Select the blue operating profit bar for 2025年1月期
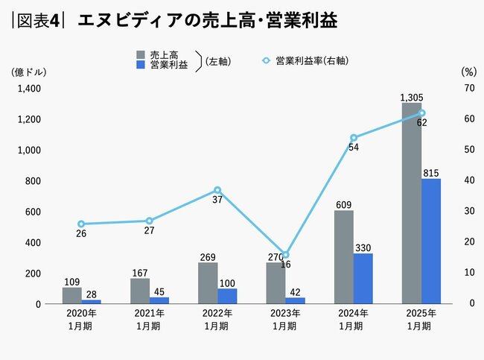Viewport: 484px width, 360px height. [431, 241]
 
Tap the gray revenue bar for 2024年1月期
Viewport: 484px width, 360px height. [343, 256]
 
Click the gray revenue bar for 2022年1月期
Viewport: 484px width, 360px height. [208, 282]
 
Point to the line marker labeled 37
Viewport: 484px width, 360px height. [217, 190]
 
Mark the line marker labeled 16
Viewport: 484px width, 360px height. [285, 255]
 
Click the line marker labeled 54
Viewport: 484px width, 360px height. [354, 138]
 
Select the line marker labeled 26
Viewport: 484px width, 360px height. [81, 224]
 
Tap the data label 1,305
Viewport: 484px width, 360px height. [412, 98]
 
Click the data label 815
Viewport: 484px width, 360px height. [431, 173]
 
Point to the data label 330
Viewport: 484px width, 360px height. [363, 247]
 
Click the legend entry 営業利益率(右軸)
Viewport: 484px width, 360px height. [305, 60]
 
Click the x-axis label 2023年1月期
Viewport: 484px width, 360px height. [284, 320]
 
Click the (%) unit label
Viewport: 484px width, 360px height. [468, 72]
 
